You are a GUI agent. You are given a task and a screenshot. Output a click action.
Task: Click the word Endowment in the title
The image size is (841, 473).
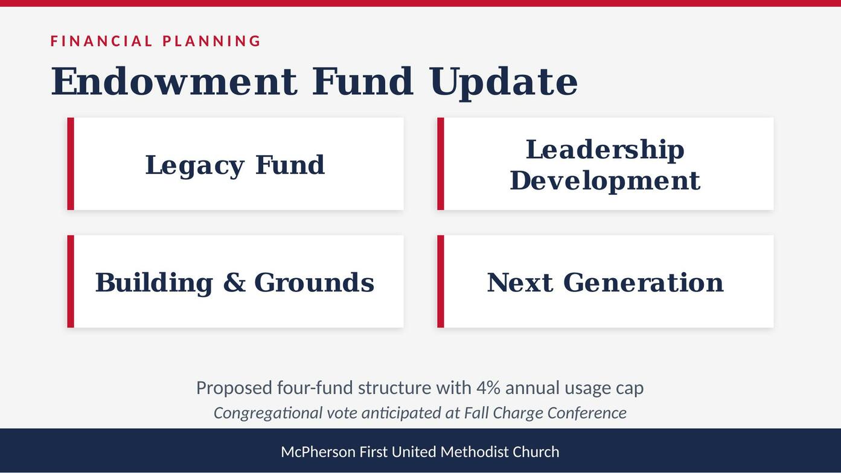174,81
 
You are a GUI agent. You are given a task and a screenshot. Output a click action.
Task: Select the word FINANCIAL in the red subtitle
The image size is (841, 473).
101,41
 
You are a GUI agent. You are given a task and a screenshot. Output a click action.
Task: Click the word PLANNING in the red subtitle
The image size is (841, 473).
211,41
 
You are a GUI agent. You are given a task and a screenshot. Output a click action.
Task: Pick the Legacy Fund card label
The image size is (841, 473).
235,165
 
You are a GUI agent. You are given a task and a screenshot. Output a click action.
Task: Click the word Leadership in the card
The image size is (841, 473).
605,150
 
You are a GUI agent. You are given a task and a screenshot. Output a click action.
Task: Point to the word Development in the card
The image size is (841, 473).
605,181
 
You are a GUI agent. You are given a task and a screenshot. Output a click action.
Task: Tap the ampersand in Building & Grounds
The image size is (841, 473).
234,282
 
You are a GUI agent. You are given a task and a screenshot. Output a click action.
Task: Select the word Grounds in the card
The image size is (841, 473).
315,282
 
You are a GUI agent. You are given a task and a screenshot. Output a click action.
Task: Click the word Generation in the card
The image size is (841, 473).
643,282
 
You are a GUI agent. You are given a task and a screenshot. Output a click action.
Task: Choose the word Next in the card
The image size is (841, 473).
520,282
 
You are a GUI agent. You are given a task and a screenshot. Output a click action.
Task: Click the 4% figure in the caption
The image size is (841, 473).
488,388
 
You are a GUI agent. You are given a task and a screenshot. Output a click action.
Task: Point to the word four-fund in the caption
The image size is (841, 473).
315,388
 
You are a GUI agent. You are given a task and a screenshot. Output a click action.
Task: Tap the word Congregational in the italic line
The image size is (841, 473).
267,413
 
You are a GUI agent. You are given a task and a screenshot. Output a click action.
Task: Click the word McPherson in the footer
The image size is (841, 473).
318,452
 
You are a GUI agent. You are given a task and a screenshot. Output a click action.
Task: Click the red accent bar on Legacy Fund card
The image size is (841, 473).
71,163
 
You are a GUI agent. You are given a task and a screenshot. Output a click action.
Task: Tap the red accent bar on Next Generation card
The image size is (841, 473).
441,281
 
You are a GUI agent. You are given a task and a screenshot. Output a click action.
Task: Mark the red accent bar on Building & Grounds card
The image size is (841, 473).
71,281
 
